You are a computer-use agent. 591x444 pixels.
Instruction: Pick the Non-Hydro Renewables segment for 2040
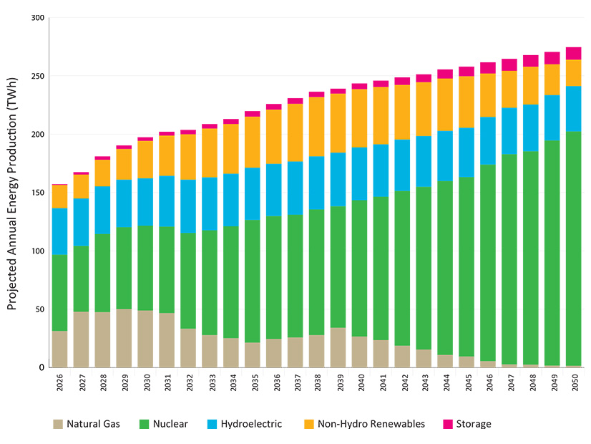tap(359, 118)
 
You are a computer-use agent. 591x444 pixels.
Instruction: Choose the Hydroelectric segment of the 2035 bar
tap(253, 194)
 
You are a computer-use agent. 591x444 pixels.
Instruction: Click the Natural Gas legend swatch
tap(57, 424)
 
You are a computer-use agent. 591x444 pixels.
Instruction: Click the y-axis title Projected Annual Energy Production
tap(12, 193)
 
